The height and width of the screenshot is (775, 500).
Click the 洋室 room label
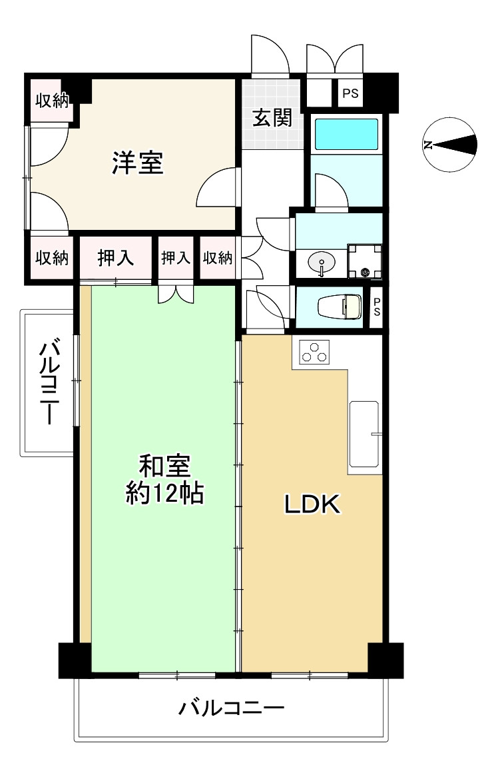pyautogui.click(x=137, y=163)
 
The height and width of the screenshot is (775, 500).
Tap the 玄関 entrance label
pyautogui.click(x=272, y=118)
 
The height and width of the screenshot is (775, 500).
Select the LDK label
pyautogui.click(x=312, y=504)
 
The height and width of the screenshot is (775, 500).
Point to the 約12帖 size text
pyautogui.click(x=165, y=492)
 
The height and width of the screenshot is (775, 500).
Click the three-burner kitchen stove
pyautogui.click(x=314, y=352)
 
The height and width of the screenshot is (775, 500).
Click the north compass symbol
pyautogui.click(x=449, y=145)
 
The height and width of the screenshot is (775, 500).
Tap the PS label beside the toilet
pyautogui.click(x=377, y=307)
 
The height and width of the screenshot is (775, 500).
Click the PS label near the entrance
pyautogui.click(x=350, y=93)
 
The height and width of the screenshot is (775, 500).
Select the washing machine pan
pyautogui.click(x=365, y=261)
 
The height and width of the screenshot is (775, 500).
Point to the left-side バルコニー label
pyautogui.click(x=49, y=381)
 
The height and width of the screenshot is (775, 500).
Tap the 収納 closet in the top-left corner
pyautogui.click(x=52, y=101)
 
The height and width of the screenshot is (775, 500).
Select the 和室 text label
pyautogui.click(x=165, y=466)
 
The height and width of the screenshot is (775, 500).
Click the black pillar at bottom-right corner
pyautogui.click(x=386, y=660)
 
